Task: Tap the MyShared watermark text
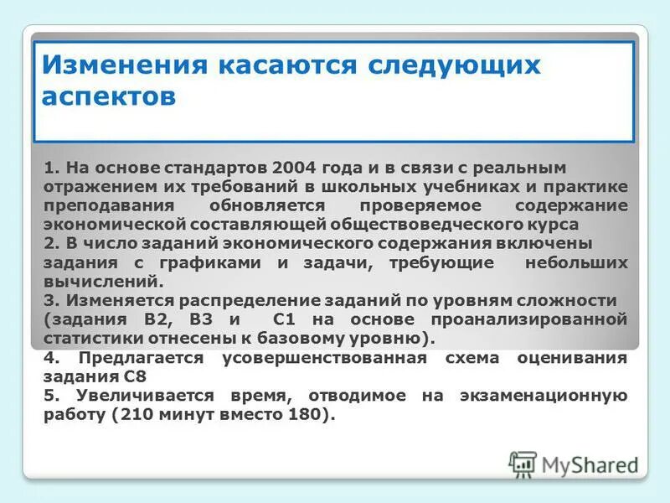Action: tap(590, 464)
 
